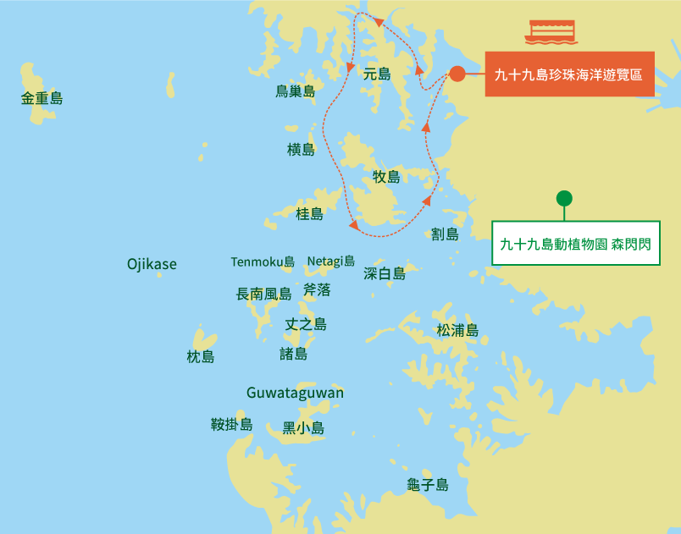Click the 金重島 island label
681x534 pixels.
coord(42,99)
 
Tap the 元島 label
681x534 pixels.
coord(377,74)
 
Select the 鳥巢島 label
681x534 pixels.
coord(295,91)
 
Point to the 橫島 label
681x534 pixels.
coord(301,150)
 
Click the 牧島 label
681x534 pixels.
coord(386,177)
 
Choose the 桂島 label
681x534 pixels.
coord(309,214)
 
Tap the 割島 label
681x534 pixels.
coord(445,234)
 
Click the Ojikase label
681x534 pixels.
coord(152,264)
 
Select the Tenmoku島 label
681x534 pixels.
coord(263,261)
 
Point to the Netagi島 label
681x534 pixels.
coord(330,261)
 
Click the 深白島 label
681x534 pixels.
coord(385,273)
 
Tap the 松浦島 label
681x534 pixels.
coord(457,330)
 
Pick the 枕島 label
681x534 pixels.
coord(201,357)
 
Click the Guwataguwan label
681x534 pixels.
coord(295,393)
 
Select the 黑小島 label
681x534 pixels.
coord(303,428)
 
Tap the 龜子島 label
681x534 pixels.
coord(428,485)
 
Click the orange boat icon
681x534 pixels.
coord(551,31)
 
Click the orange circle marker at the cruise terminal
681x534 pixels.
coord(457,74)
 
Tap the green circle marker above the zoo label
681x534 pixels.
coord(564,198)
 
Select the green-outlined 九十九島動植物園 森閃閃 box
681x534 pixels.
coord(575,244)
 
